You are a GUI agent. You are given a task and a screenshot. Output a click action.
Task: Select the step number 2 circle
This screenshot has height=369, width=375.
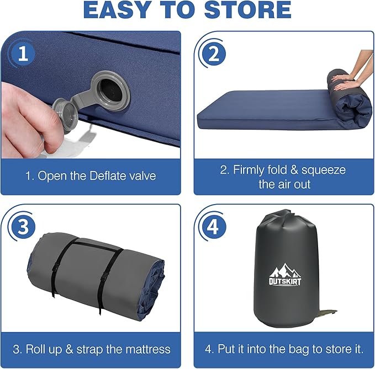coord(213,54)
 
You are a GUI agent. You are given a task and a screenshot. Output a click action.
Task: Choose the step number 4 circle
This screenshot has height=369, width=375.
coord(213,227)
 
